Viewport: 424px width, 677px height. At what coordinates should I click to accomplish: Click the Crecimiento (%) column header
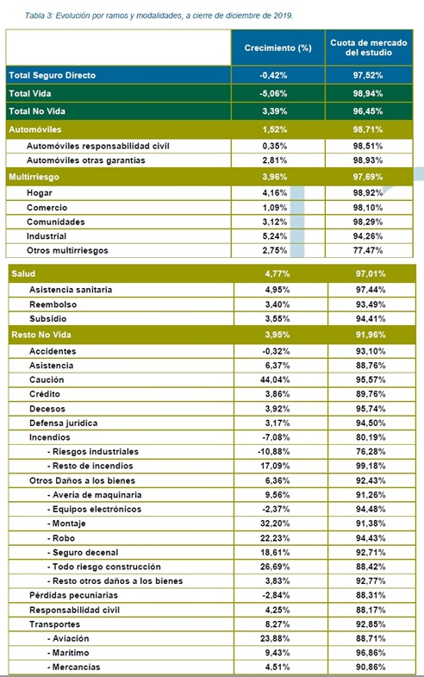coord(277,48)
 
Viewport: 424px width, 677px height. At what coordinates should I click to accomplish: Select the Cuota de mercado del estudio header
coord(369,47)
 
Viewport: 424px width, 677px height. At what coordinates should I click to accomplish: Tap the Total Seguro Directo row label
coord(53,75)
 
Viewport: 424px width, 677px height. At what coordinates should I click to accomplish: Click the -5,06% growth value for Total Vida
coord(273,93)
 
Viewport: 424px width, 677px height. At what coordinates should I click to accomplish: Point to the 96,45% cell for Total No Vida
coord(368,111)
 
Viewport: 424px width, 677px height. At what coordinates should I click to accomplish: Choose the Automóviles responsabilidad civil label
coord(98,146)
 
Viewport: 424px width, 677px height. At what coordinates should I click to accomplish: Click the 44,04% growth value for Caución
coord(275,379)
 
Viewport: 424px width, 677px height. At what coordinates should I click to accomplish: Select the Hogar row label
coord(40,193)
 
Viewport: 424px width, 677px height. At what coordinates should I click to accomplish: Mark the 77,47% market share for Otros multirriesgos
coord(368,250)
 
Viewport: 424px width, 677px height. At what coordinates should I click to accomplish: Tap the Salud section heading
coord(23,273)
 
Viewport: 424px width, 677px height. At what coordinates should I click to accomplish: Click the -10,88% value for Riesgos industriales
coord(274,452)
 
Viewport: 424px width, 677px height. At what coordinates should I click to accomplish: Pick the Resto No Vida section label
coord(41,335)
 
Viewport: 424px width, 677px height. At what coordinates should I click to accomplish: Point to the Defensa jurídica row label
coord(64,423)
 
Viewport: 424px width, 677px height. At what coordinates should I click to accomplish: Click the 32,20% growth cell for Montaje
coord(275,523)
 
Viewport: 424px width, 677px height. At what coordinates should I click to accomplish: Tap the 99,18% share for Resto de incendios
coord(371,466)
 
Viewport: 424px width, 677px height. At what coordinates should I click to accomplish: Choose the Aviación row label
coord(68,638)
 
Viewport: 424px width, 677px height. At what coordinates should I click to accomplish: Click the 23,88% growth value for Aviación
coord(275,638)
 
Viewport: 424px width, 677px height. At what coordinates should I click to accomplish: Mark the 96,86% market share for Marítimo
coord(371,652)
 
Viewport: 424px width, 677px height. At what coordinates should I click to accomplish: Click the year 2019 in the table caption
coord(283,16)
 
